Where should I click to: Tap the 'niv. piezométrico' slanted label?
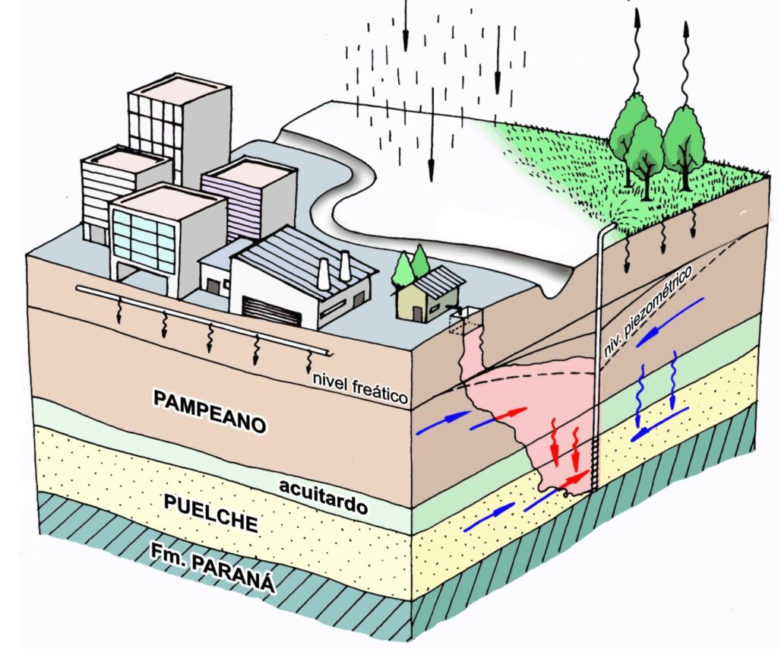654,304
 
